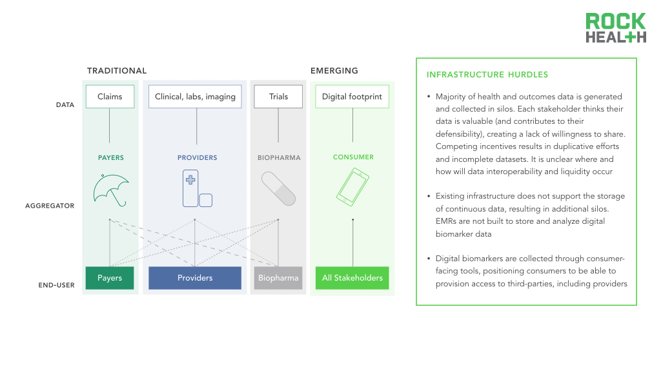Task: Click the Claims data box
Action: (x=110, y=97)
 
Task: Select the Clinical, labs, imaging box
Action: (x=195, y=97)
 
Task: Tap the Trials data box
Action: (x=278, y=97)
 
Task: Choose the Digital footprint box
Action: (x=352, y=97)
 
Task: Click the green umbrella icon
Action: (x=110, y=188)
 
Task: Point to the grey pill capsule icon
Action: (x=278, y=188)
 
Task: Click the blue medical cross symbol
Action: (x=190, y=180)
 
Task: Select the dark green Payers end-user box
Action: (x=110, y=278)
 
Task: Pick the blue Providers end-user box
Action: (x=195, y=278)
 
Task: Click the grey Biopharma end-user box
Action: (x=278, y=278)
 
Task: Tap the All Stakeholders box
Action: (x=352, y=278)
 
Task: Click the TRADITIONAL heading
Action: (x=117, y=71)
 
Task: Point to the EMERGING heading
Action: (x=334, y=71)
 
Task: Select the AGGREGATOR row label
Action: (x=50, y=206)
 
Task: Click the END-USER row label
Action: (x=57, y=285)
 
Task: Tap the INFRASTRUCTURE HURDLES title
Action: (x=487, y=75)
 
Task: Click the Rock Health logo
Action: (x=615, y=28)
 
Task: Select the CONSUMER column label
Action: (x=353, y=157)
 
